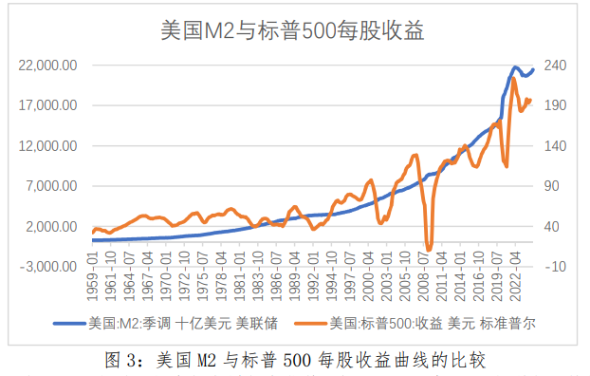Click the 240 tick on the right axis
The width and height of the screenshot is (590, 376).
(556, 66)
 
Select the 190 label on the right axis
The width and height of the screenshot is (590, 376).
(556, 105)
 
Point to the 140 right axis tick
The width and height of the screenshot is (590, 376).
(556, 146)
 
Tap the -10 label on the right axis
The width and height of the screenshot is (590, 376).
(556, 267)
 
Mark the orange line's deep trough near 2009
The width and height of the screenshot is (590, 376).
(429, 249)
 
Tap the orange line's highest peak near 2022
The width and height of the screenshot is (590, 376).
(513, 79)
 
